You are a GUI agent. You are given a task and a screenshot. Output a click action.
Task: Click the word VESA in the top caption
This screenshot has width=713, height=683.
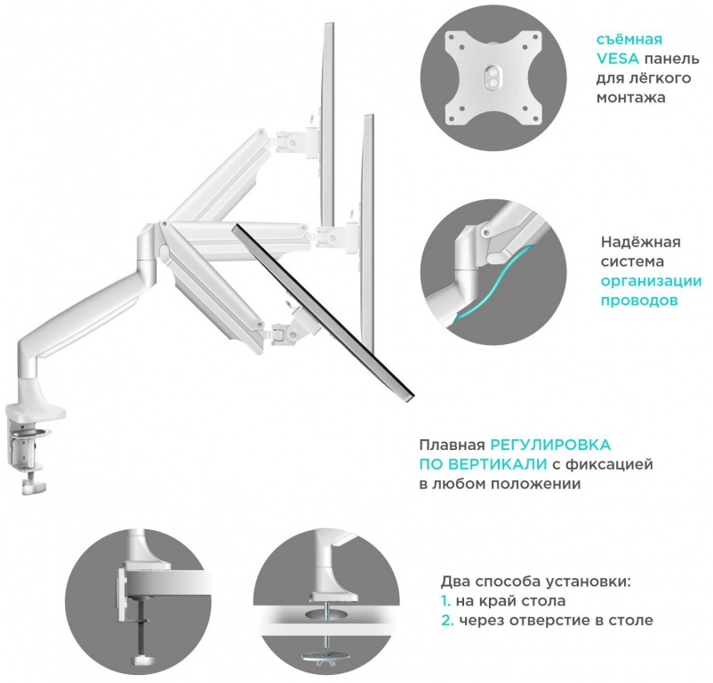(614, 59)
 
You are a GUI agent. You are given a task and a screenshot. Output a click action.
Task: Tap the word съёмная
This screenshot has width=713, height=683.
(629, 39)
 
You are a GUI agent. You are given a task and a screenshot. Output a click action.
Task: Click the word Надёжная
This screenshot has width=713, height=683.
(640, 242)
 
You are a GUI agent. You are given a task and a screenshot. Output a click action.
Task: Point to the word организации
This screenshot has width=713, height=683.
(651, 281)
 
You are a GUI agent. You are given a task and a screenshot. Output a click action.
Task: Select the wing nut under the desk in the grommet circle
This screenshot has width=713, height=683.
(328, 657)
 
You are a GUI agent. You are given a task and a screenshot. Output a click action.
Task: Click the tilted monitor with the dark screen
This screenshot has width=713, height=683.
(324, 311)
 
